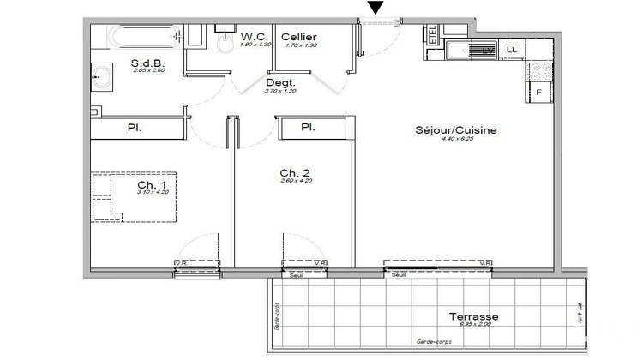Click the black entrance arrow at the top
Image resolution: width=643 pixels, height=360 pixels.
pyautogui.click(x=375, y=9)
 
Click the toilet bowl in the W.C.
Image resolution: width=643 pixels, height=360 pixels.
pyautogui.click(x=225, y=47)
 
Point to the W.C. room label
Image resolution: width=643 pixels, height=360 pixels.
pyautogui.click(x=255, y=37)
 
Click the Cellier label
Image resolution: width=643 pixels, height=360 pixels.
pyautogui.click(x=299, y=37)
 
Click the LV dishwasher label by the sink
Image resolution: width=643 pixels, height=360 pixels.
pyautogui.click(x=488, y=51)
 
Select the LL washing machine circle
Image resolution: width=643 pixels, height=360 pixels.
pyautogui.click(x=513, y=51)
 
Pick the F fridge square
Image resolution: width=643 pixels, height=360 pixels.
pyautogui.click(x=539, y=92)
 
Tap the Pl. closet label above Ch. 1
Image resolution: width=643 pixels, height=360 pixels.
pyautogui.click(x=135, y=128)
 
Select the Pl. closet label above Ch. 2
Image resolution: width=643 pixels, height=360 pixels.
pyautogui.click(x=308, y=128)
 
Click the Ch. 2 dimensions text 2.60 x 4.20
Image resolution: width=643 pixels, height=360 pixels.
pyautogui.click(x=295, y=181)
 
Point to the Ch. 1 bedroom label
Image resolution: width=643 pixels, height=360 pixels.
pyautogui.click(x=153, y=185)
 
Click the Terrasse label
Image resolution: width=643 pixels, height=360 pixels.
pyautogui.click(x=473, y=317)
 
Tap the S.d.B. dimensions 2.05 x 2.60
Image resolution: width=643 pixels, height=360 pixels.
pyautogui.click(x=147, y=71)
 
